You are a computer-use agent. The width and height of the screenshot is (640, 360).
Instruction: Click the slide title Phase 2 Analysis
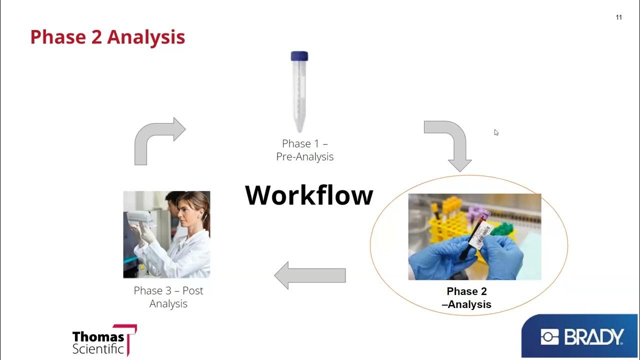click(x=107, y=37)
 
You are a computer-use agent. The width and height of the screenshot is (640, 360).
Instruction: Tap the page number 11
click(x=618, y=17)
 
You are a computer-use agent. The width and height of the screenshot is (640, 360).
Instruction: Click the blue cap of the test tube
click(x=299, y=56)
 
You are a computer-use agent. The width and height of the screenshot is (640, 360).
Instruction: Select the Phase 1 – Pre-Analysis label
click(x=304, y=150)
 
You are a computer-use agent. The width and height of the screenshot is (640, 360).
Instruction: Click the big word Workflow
click(x=309, y=195)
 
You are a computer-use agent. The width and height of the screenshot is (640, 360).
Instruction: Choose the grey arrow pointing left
click(x=309, y=275)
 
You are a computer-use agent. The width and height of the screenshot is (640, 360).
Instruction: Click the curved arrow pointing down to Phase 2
click(x=450, y=142)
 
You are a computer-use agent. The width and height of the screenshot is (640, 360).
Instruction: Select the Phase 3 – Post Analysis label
click(x=168, y=297)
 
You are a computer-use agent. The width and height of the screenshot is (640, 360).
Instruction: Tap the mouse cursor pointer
click(x=496, y=132)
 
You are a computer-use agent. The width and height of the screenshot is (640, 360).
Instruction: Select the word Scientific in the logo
click(x=98, y=349)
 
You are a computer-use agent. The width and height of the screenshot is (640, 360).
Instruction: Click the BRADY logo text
click(x=593, y=337)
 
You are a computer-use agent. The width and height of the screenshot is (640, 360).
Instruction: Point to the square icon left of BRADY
click(x=549, y=337)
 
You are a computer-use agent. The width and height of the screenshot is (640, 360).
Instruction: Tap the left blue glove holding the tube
click(x=437, y=257)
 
